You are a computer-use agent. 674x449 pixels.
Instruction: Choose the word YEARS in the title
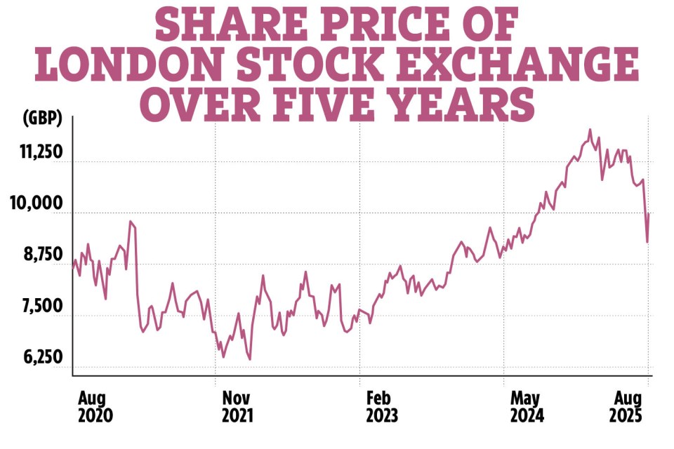pos(461,105)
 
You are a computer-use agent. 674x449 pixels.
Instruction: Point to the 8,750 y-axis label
pos(41,256)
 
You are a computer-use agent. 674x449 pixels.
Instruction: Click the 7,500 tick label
pos(41,307)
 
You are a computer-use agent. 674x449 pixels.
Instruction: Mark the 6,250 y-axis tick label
pos(41,358)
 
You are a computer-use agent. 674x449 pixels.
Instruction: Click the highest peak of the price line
pos(590,130)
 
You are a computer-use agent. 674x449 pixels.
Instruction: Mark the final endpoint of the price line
pos(649,215)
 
